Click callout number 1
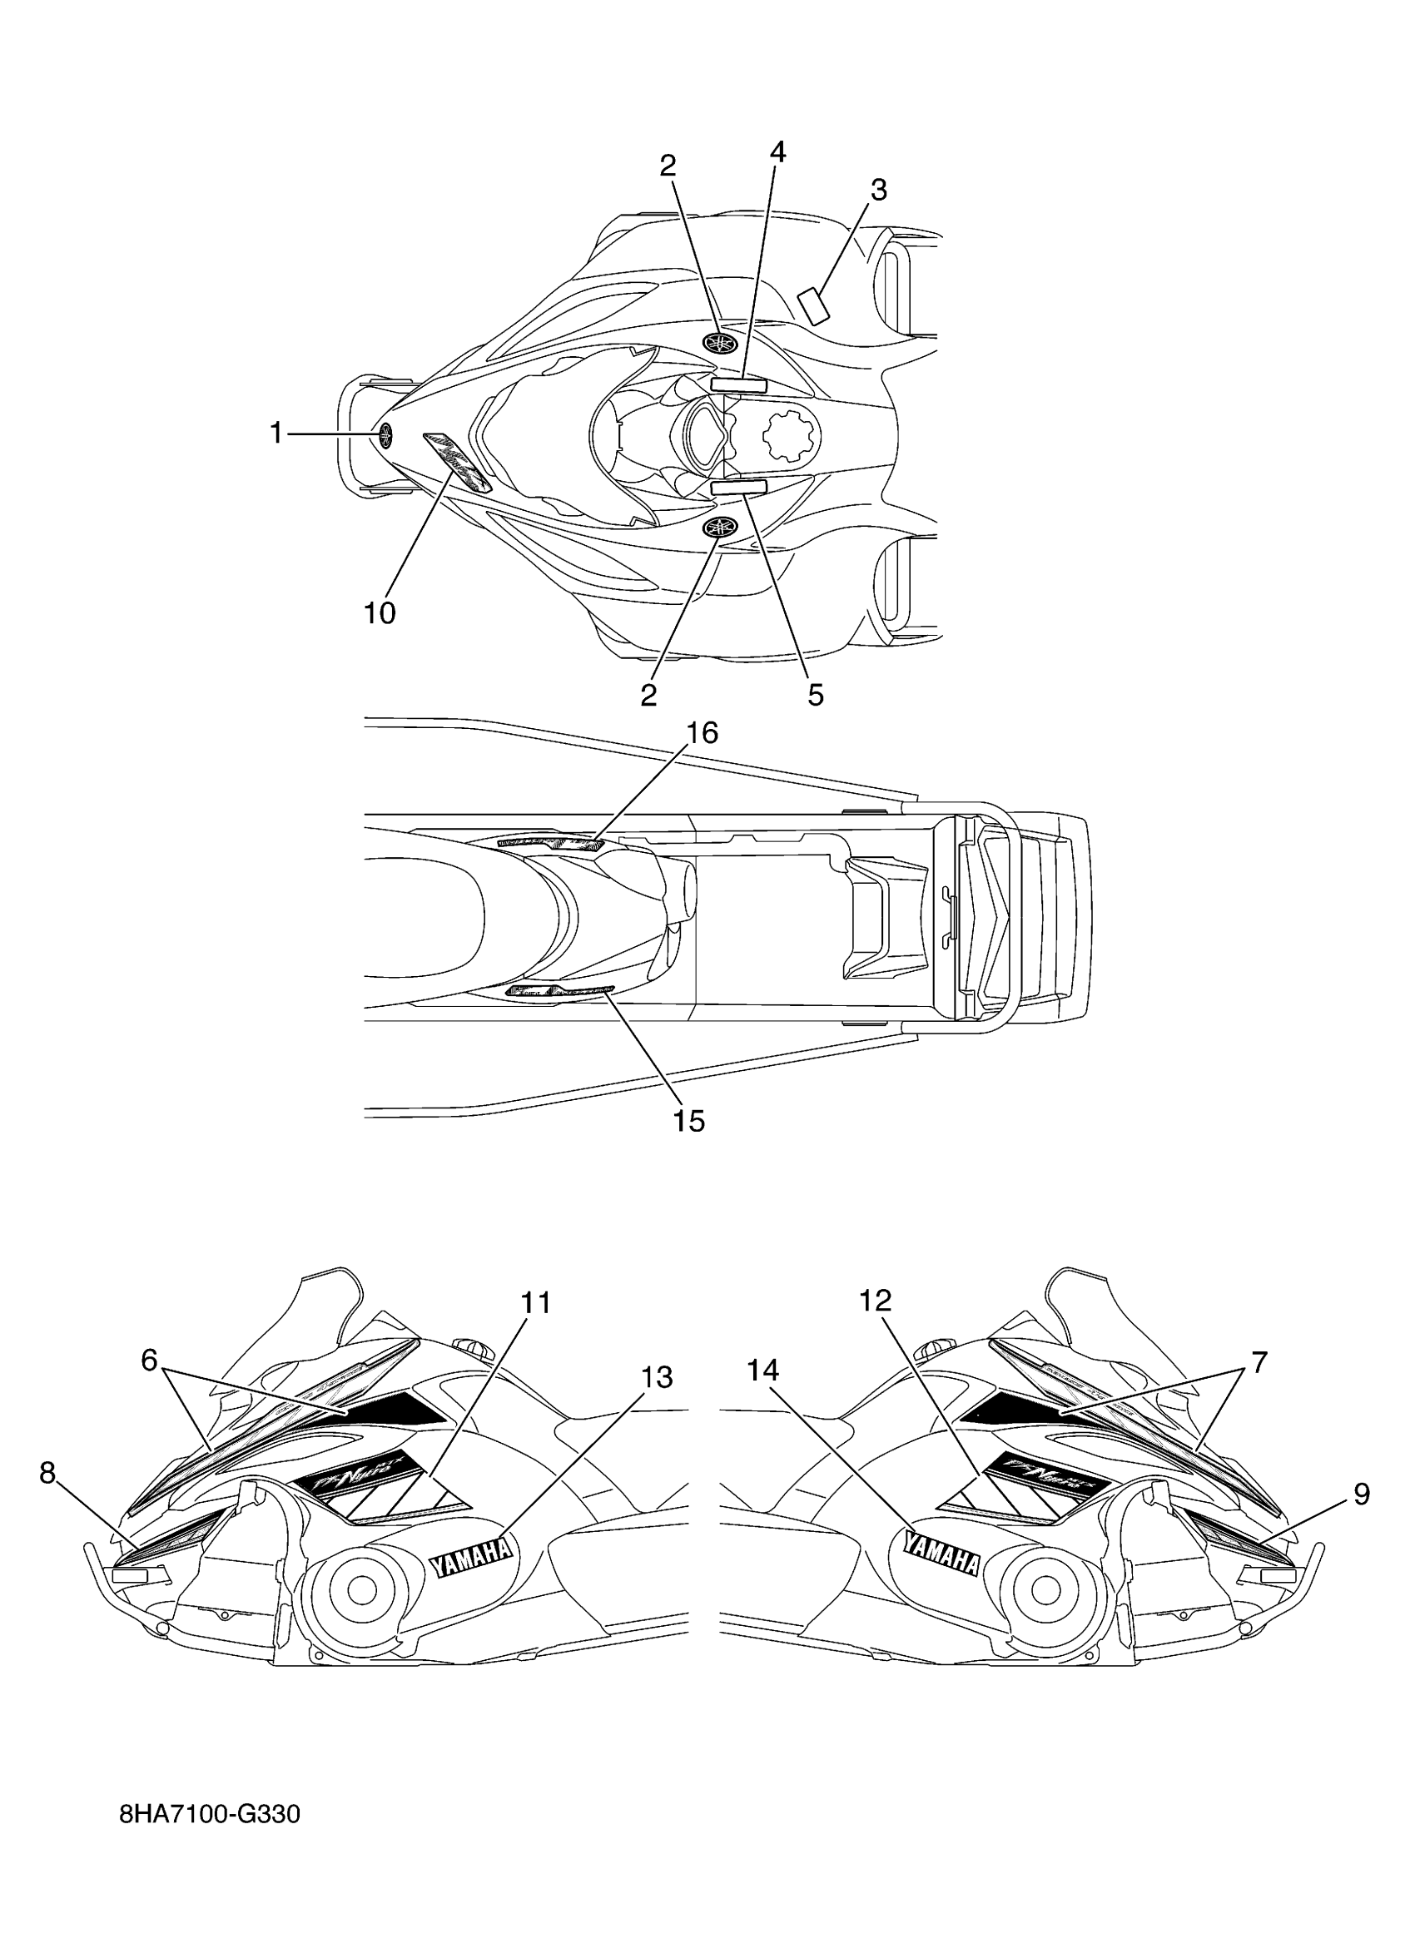pyautogui.click(x=276, y=434)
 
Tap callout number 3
pyautogui.click(x=877, y=191)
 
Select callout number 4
pyautogui.click(x=777, y=152)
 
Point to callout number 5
pyautogui.click(x=815, y=694)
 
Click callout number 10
pyautogui.click(x=379, y=613)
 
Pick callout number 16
pyautogui.click(x=702, y=733)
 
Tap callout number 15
pyautogui.click(x=689, y=1121)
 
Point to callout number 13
pyautogui.click(x=656, y=1377)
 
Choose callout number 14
pyautogui.click(x=762, y=1369)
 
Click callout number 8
pyautogui.click(x=47, y=1473)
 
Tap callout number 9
pyautogui.click(x=1361, y=1493)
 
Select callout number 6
pyautogui.click(x=150, y=1361)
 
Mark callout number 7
pyautogui.click(x=1259, y=1362)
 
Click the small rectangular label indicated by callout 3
pyautogui.click(x=813, y=306)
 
